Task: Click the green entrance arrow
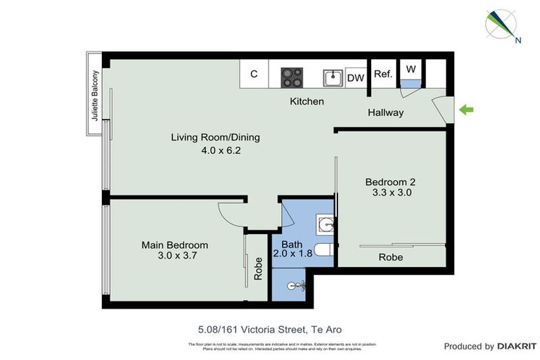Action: pos(467,109)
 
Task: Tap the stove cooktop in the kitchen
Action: pos(292,75)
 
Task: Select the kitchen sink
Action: pos(333,76)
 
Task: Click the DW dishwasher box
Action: pos(356,77)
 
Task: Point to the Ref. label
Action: pos(382,75)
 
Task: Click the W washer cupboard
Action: pos(411,70)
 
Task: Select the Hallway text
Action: pos(385,112)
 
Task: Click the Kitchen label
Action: pos(307,101)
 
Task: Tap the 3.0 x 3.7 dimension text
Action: pos(175,257)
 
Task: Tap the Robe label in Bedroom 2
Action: pos(391,257)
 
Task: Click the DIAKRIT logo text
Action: pos(517,346)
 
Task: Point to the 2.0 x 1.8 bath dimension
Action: pos(292,253)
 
